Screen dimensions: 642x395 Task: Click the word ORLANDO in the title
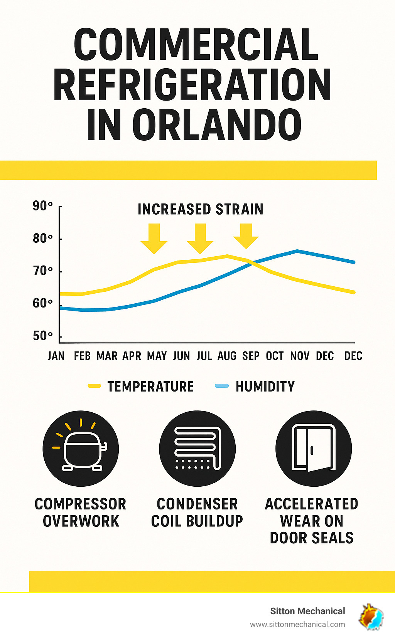point(217,125)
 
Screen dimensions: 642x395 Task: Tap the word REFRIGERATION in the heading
point(192,85)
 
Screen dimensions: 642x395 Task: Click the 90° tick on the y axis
point(42,206)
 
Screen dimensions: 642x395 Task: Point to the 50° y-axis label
point(42,336)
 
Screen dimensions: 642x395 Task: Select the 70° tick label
point(42,271)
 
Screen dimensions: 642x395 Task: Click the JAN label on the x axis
point(56,356)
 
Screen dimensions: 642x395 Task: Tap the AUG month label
point(227,356)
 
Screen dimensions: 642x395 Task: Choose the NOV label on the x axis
point(300,356)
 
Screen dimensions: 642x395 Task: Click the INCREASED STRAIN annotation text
point(200,209)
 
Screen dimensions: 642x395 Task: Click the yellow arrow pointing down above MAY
point(154,238)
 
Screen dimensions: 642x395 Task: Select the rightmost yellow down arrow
point(246,235)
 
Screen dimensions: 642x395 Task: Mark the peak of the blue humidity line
point(297,251)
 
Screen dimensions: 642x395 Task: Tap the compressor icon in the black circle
point(81,449)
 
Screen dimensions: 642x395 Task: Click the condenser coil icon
point(197,449)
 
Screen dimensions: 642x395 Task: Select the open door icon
point(313,449)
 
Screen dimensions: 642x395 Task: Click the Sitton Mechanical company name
point(307,611)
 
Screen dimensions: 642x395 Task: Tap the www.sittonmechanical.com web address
point(297,624)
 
